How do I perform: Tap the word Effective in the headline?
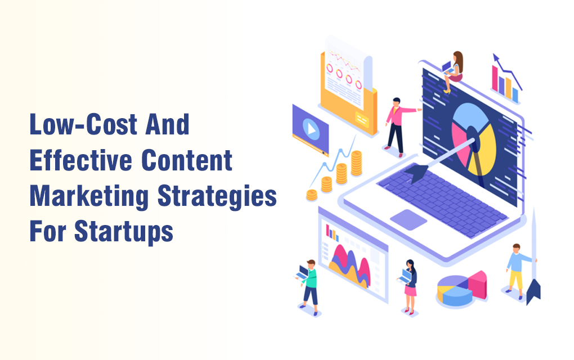80,160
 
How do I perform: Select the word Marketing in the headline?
89,197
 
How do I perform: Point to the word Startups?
124,232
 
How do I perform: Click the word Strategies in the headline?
217,197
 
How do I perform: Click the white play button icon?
311,129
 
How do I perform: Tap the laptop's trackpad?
409,219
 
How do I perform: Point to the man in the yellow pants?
518,271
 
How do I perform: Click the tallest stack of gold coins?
356,163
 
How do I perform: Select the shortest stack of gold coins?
312,195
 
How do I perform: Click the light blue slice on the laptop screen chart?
470,117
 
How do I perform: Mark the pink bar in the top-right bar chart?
495,78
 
